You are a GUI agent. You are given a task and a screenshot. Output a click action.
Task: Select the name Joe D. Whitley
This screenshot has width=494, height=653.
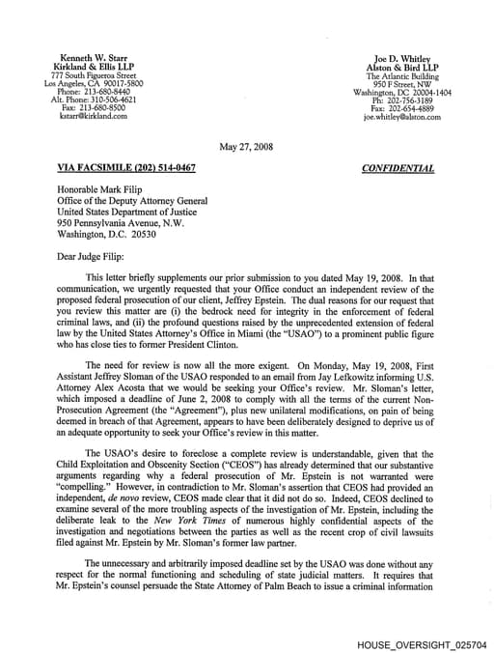(401, 58)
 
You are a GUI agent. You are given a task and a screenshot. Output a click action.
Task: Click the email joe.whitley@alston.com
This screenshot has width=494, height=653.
(401, 116)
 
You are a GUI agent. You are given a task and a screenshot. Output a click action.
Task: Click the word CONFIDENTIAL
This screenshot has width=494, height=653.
(398, 168)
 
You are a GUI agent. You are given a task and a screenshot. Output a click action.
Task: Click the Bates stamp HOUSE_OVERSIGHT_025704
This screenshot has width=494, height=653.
(422, 642)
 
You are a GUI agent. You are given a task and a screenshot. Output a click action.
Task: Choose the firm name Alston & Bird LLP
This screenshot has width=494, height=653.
(401, 67)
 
